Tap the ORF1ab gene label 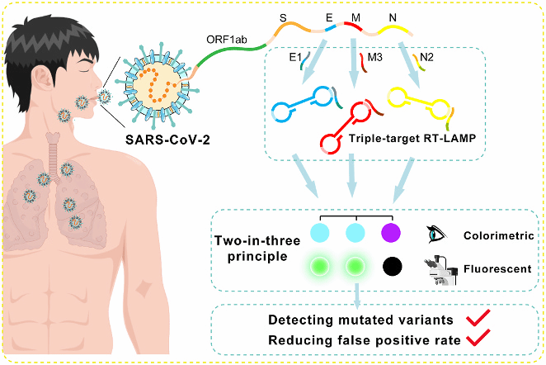tap(225, 38)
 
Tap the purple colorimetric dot tap(391, 235)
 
